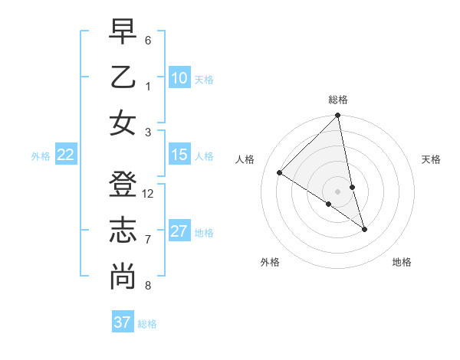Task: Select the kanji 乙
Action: coord(123,78)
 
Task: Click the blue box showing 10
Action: coord(179,78)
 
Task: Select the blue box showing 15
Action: coord(179,155)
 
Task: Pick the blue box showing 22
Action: coord(66,155)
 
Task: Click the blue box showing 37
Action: coord(123,322)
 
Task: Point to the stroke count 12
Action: coord(148,194)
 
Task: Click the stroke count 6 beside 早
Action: coord(148,40)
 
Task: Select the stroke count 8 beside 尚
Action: coord(148,286)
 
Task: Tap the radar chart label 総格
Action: coord(338,100)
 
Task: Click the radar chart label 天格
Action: coord(432,159)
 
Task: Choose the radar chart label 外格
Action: coord(270,263)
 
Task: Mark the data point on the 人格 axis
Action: coord(280,173)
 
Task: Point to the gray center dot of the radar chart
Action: coord(338,191)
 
